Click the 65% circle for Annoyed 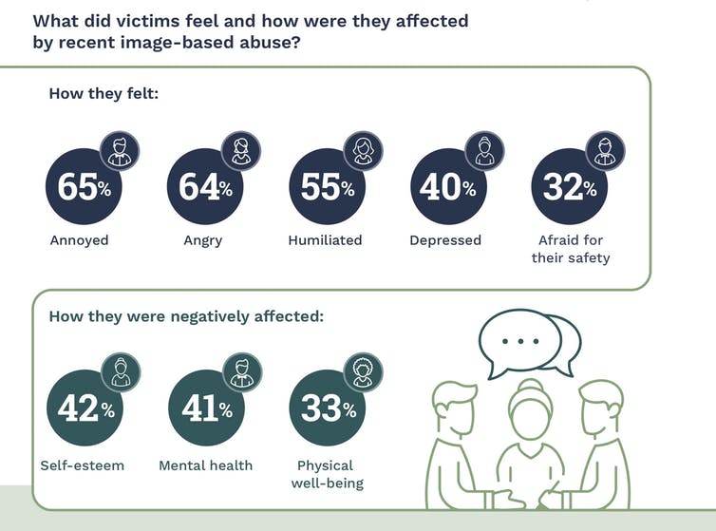[84, 187]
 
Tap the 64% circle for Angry [204, 187]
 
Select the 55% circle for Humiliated [326, 187]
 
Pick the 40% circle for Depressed [447, 187]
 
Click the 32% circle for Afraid [569, 187]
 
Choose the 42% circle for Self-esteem [84, 408]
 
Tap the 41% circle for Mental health [205, 408]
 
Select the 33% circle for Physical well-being [326, 408]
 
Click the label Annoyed [80, 240]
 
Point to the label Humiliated [325, 240]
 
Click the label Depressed [445, 240]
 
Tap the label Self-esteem [83, 465]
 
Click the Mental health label [205, 465]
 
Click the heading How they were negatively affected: [186, 316]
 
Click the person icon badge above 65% [120, 149]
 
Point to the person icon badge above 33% [362, 371]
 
